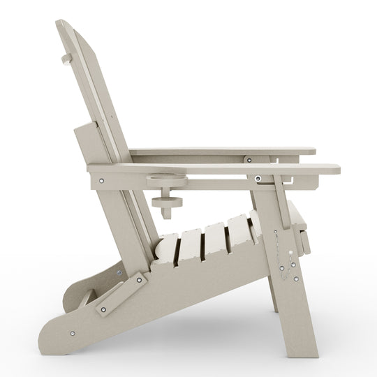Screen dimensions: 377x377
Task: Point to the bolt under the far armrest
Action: point(247,160)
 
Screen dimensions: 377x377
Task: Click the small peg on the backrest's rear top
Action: point(66,59)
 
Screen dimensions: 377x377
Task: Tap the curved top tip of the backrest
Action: point(63,24)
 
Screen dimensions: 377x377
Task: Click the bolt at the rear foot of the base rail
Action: point(72,334)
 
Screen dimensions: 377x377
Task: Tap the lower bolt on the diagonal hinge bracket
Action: point(104,309)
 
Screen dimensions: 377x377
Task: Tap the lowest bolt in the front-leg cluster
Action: point(295,279)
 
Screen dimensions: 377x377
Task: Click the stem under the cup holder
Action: point(167,194)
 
